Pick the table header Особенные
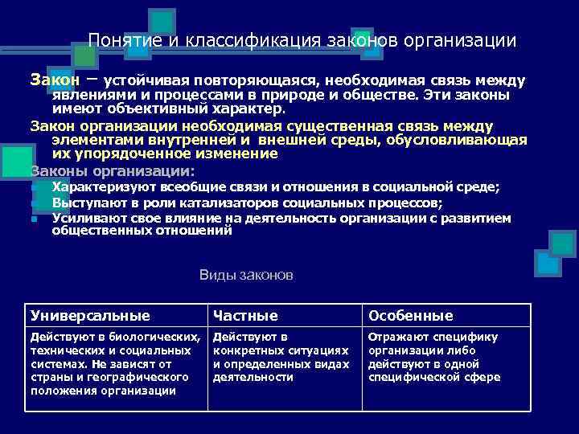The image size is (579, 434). pos(411,316)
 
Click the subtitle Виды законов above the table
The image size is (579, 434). pos(246,276)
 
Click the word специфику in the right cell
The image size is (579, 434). pos(468,337)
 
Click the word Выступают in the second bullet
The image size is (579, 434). pos(80,203)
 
